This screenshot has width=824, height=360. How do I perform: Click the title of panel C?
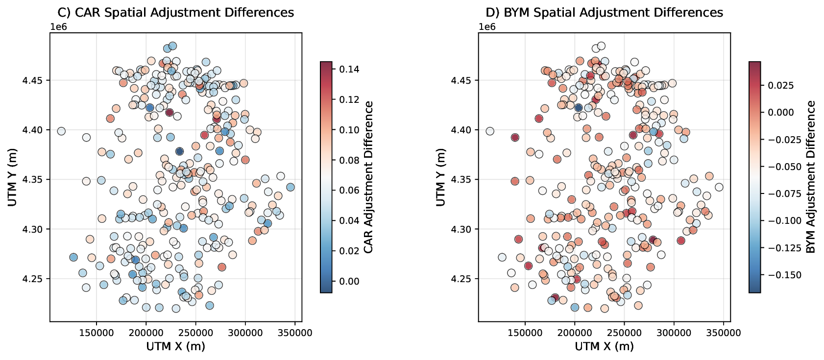[176, 13]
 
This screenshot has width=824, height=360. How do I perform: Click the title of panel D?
[604, 13]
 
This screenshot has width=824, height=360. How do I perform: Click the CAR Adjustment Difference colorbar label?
[369, 177]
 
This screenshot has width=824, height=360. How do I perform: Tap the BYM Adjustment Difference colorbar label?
[811, 177]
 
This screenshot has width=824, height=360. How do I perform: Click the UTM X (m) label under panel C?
[176, 346]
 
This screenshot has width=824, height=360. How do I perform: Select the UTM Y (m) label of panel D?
[441, 177]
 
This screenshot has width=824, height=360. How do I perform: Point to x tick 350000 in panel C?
[294, 333]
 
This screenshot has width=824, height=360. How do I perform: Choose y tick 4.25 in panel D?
[464, 279]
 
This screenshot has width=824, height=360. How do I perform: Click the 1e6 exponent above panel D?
[487, 26]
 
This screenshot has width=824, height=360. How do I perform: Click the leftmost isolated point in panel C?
[61, 131]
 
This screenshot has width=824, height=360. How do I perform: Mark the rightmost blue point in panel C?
[290, 187]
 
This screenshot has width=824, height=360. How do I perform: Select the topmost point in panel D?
[601, 46]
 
